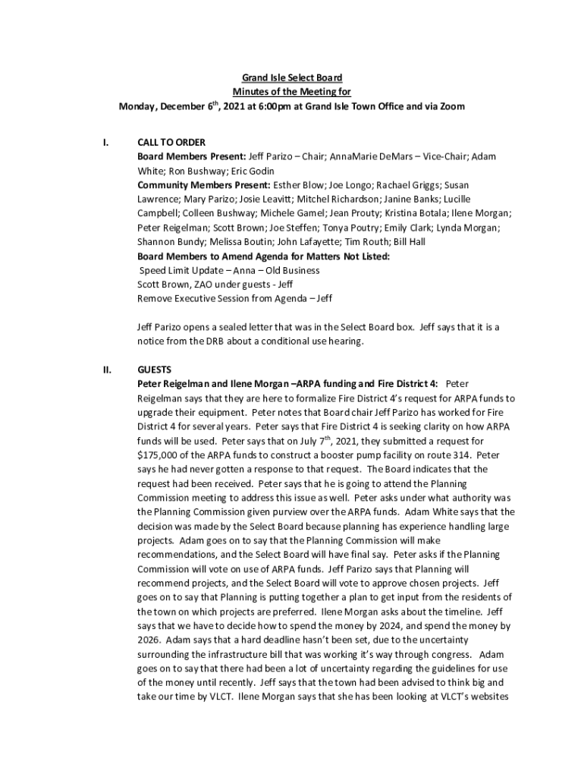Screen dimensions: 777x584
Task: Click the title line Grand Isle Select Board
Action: pyautogui.click(x=291, y=78)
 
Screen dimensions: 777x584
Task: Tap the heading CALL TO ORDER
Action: pyautogui.click(x=171, y=142)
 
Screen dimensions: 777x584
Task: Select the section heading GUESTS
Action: pyautogui.click(x=154, y=370)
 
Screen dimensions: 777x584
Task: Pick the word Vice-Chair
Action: pyautogui.click(x=447, y=156)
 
